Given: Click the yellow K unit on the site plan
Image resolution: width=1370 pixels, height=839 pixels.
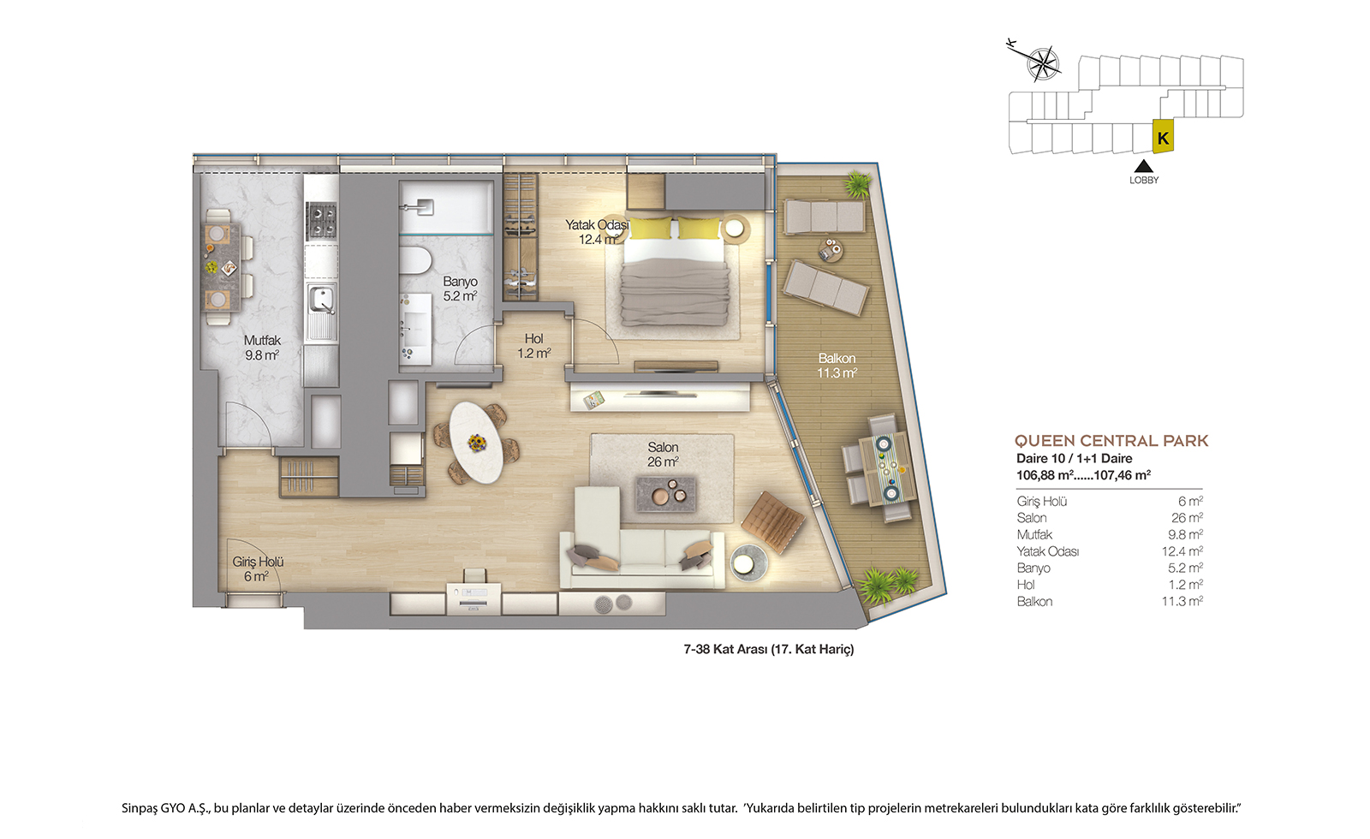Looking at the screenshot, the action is (x=1163, y=137).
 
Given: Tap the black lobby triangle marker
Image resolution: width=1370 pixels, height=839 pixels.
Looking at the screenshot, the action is (x=1144, y=166).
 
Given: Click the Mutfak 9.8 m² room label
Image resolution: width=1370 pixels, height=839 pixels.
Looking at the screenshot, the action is (x=262, y=348).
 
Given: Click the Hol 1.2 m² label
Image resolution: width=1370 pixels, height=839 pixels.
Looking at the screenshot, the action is (x=534, y=346).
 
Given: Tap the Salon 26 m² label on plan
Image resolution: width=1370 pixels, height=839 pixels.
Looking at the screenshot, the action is (x=663, y=455).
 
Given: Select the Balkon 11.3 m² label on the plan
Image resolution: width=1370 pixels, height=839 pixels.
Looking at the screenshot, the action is (x=837, y=365).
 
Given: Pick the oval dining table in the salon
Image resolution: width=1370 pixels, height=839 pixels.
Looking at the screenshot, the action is (x=476, y=442).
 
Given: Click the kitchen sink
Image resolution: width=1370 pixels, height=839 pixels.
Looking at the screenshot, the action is (x=320, y=300).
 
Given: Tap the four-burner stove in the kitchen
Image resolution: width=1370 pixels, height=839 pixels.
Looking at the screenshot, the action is (x=321, y=221).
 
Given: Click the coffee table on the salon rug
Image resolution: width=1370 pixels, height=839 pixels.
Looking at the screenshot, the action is (x=666, y=494).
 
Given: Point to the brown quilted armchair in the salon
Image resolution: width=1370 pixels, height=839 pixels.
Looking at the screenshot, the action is (x=773, y=521).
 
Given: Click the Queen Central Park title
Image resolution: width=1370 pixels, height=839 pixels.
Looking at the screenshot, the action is (x=1111, y=441).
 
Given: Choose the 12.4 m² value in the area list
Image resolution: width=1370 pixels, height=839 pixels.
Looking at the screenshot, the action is (x=1182, y=551).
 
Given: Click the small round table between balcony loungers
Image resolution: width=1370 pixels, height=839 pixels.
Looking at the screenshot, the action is (x=830, y=249).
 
